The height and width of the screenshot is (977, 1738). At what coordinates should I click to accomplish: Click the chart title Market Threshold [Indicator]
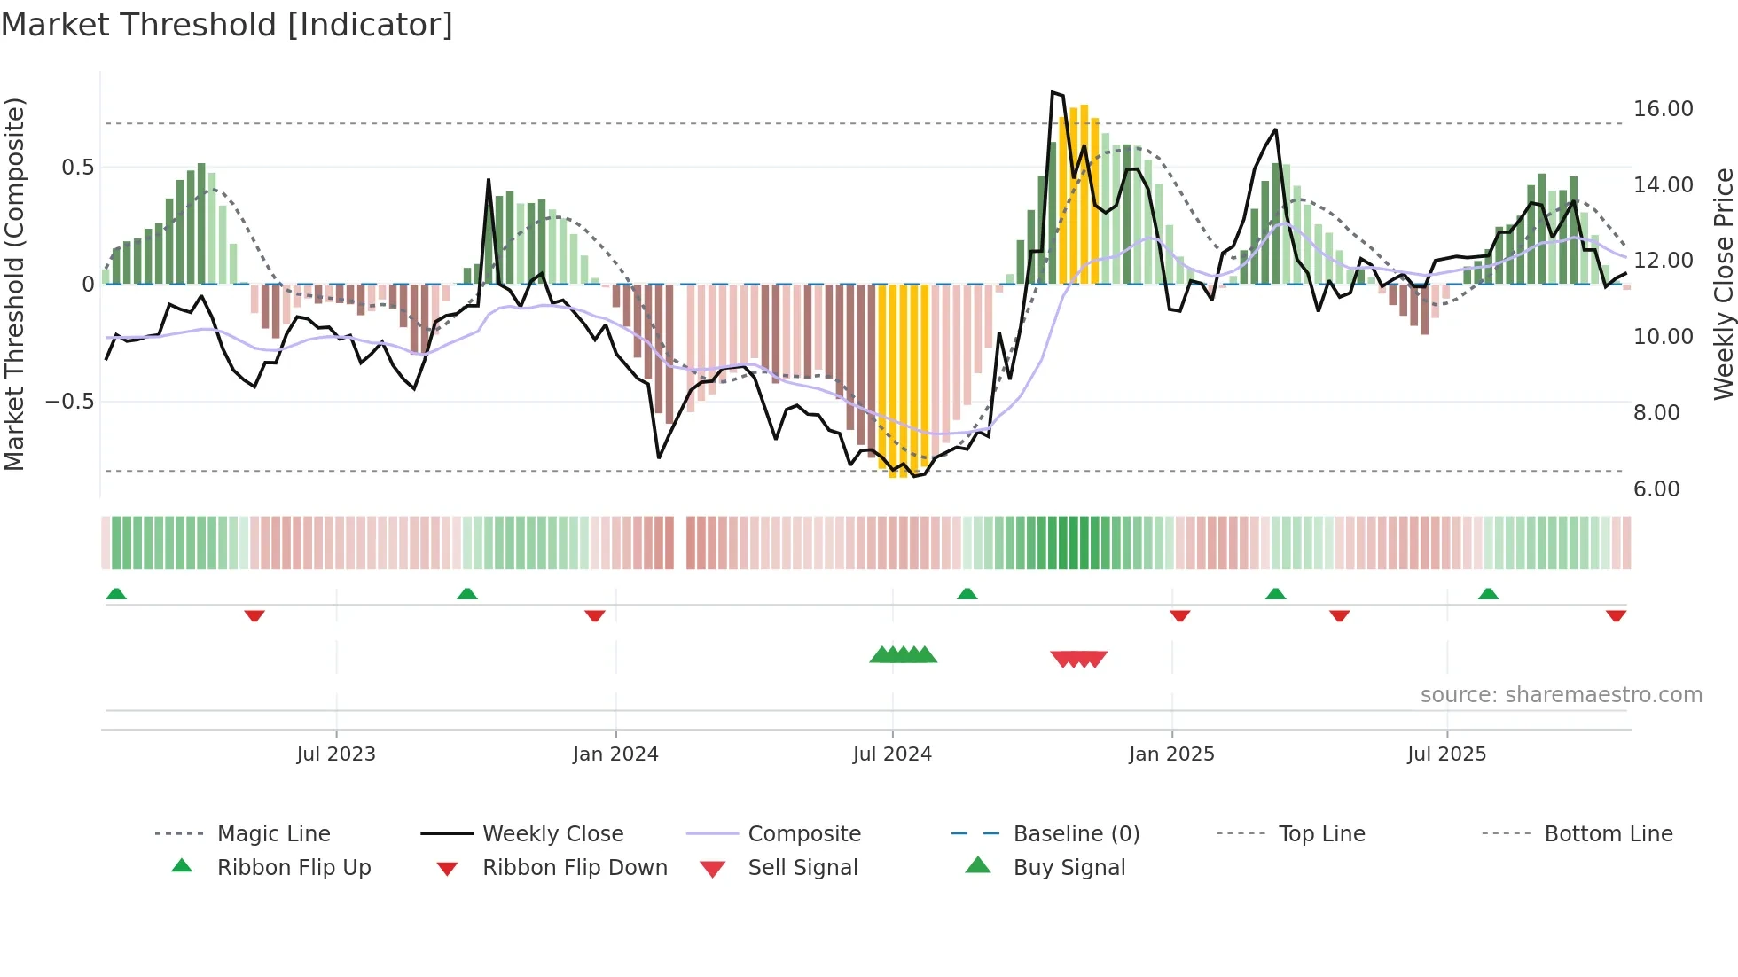[227, 25]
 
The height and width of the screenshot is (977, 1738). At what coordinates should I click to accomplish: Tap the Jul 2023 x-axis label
[336, 754]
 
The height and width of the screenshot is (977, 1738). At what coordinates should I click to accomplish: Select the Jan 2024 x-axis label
[615, 754]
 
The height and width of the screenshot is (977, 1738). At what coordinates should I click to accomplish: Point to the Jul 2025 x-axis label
[1446, 754]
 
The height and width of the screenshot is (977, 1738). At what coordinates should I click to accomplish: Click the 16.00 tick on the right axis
[1663, 109]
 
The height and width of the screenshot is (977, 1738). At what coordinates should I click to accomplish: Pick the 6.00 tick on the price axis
[1656, 489]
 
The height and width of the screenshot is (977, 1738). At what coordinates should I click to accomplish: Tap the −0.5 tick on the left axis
[69, 402]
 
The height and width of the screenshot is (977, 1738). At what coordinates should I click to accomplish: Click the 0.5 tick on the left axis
[77, 168]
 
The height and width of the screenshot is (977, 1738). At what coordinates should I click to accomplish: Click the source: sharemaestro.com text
[1561, 695]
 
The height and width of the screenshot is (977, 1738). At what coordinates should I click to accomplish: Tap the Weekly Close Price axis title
[1722, 284]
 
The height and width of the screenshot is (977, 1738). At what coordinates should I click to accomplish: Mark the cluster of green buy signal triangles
[903, 655]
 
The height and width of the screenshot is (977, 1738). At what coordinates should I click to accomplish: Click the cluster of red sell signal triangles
[1078, 659]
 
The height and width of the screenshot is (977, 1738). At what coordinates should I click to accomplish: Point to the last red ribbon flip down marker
[1616, 615]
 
